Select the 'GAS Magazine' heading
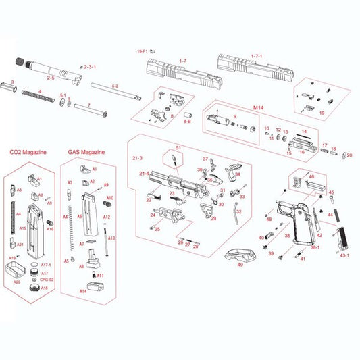click(86, 153)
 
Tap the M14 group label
click(257, 108)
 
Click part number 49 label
click(240, 265)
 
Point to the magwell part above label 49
click(239, 255)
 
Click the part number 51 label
click(179, 148)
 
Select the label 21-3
click(137, 157)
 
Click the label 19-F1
click(141, 51)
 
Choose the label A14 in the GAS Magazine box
click(83, 291)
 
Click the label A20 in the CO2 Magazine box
click(17, 282)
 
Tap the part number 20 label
click(349, 155)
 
